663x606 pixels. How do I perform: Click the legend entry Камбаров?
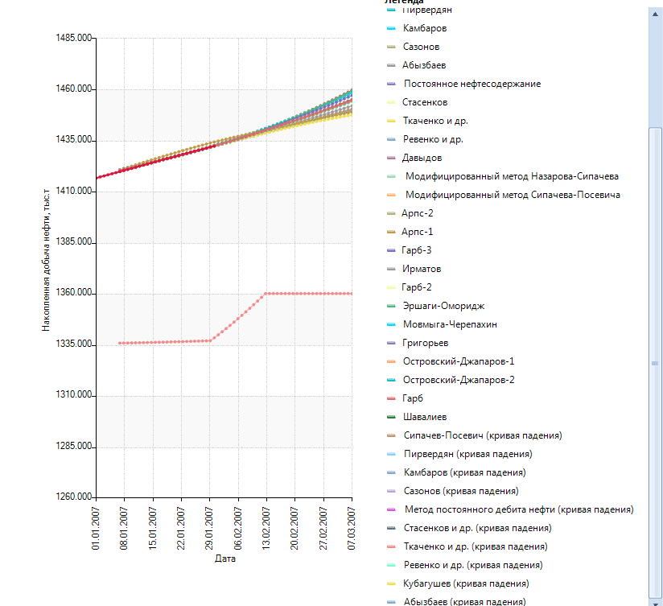tap(425, 28)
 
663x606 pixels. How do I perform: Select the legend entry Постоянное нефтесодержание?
tap(472, 84)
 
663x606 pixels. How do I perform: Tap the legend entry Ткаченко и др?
tap(435, 121)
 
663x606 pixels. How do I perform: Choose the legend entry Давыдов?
tap(422, 158)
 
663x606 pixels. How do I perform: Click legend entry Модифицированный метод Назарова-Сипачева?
tap(512, 176)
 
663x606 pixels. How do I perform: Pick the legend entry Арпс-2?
tap(418, 213)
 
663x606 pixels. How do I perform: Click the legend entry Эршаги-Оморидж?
tap(443, 306)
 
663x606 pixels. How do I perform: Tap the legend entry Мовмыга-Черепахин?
tap(450, 324)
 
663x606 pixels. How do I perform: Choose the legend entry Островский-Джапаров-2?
tap(459, 380)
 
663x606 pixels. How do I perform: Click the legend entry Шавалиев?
tap(425, 417)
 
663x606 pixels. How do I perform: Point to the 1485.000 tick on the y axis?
tap(73, 39)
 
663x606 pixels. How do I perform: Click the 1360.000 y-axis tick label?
tap(73, 294)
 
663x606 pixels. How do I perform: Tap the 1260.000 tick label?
tap(73, 497)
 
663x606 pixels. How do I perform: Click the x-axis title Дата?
tap(224, 559)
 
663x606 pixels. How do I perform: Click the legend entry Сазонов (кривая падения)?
tap(460, 491)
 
